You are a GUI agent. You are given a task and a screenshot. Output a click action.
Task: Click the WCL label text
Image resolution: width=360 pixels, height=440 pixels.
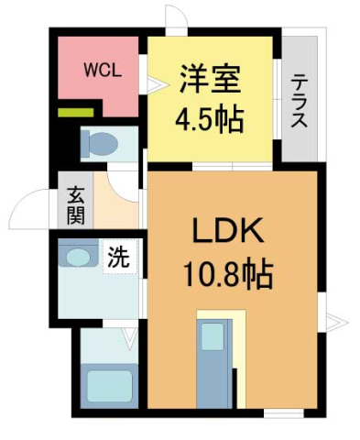(100, 70)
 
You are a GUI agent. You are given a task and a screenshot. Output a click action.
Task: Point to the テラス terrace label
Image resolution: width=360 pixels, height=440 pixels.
(300, 100)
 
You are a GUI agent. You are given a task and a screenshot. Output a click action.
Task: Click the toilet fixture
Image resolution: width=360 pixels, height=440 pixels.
(97, 144)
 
